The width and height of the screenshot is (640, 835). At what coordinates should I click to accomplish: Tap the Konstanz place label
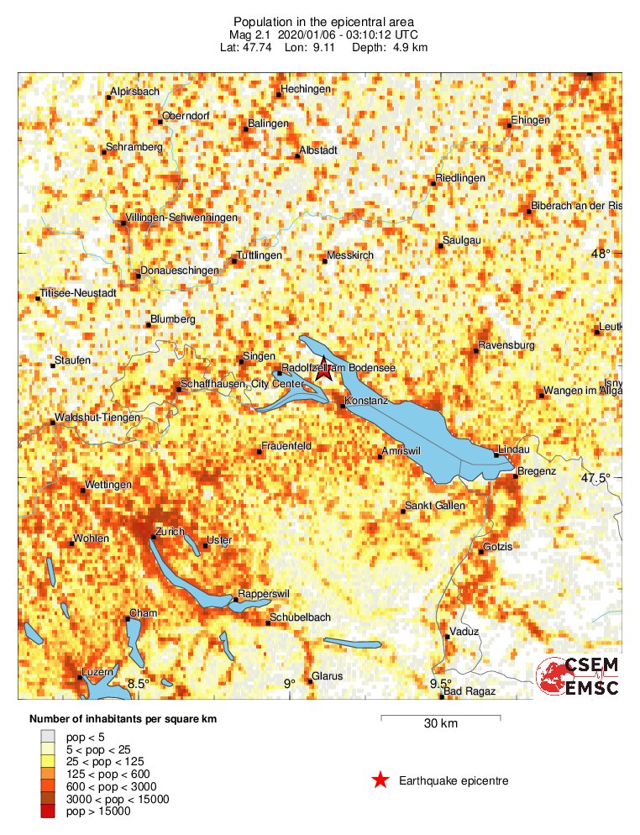click(x=367, y=402)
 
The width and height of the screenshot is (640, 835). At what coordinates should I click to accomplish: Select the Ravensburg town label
click(x=506, y=345)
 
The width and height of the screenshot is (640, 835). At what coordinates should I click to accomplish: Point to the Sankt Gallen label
click(x=435, y=506)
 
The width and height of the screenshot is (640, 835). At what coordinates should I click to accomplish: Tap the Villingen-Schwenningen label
click(x=182, y=218)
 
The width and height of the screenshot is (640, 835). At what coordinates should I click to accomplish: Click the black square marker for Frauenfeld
click(x=259, y=453)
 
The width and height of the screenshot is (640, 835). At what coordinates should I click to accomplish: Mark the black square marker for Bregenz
click(x=515, y=476)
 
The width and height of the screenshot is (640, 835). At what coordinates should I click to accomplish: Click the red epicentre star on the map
click(x=324, y=370)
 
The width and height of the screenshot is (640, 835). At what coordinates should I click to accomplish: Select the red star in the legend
click(x=380, y=780)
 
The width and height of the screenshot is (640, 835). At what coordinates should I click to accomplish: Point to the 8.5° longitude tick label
click(x=138, y=684)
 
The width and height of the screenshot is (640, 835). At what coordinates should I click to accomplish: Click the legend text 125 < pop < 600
click(x=108, y=775)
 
